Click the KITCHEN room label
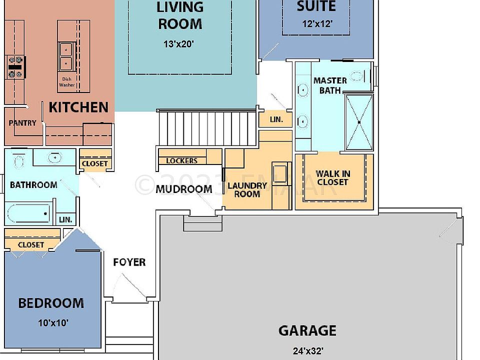pyautogui.click(x=78, y=107)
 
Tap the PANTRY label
pyautogui.click(x=22, y=123)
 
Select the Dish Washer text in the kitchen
pyautogui.click(x=66, y=82)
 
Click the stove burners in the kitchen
pyautogui.click(x=15, y=67)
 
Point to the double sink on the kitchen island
pyautogui.click(x=65, y=56)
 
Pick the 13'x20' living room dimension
pyautogui.click(x=178, y=44)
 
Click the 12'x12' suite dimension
pyautogui.click(x=317, y=23)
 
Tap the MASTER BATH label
pyautogui.click(x=329, y=85)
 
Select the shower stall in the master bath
pyautogui.click(x=359, y=122)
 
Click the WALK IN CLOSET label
pyautogui.click(x=332, y=178)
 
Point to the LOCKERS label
pyautogui.click(x=181, y=161)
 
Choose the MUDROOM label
pyautogui.click(x=183, y=189)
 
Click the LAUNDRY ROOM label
pyautogui.click(x=247, y=189)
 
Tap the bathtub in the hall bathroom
pyautogui.click(x=28, y=214)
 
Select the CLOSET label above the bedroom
pyautogui.click(x=31, y=245)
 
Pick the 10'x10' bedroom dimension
pyautogui.click(x=53, y=323)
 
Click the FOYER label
pyautogui.click(x=129, y=262)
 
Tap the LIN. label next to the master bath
pyautogui.click(x=276, y=120)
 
